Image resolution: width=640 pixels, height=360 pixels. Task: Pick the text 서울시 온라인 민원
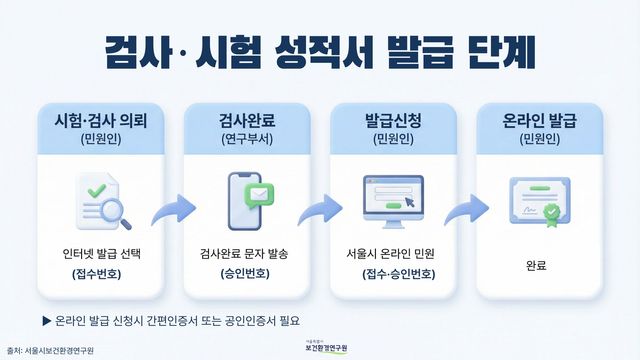point(392,252)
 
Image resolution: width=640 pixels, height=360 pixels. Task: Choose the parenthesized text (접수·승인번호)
point(392,272)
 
